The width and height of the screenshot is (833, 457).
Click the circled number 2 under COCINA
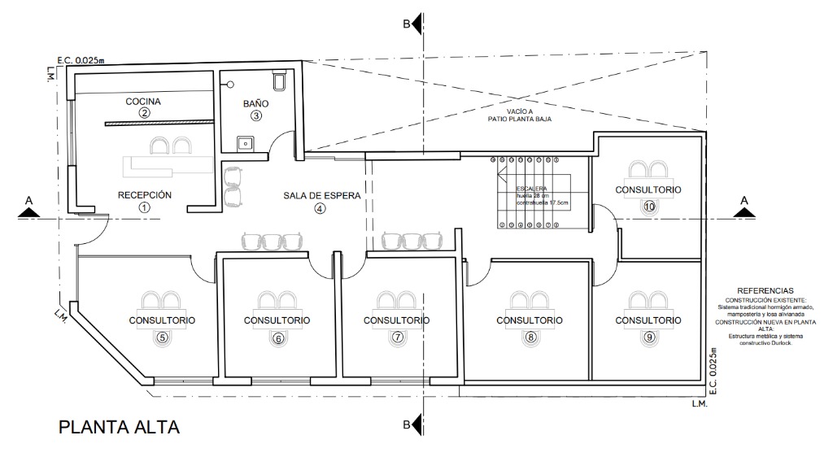tap(144, 113)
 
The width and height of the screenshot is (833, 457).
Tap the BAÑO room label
tap(255, 104)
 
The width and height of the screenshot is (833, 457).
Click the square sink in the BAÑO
tap(244, 143)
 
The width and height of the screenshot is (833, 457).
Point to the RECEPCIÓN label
tap(145, 195)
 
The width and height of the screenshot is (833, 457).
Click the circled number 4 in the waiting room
tap(320, 208)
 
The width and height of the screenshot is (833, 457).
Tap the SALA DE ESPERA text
tap(321, 196)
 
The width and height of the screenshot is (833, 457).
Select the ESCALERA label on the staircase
tap(531, 189)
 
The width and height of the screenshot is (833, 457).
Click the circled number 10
tap(648, 207)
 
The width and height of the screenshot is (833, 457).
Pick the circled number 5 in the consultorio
tap(162, 337)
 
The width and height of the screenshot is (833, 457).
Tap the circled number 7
tap(397, 337)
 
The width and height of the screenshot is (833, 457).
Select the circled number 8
tap(530, 337)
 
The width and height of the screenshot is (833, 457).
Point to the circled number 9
tap(648, 337)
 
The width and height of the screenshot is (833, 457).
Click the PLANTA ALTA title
tap(119, 427)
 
